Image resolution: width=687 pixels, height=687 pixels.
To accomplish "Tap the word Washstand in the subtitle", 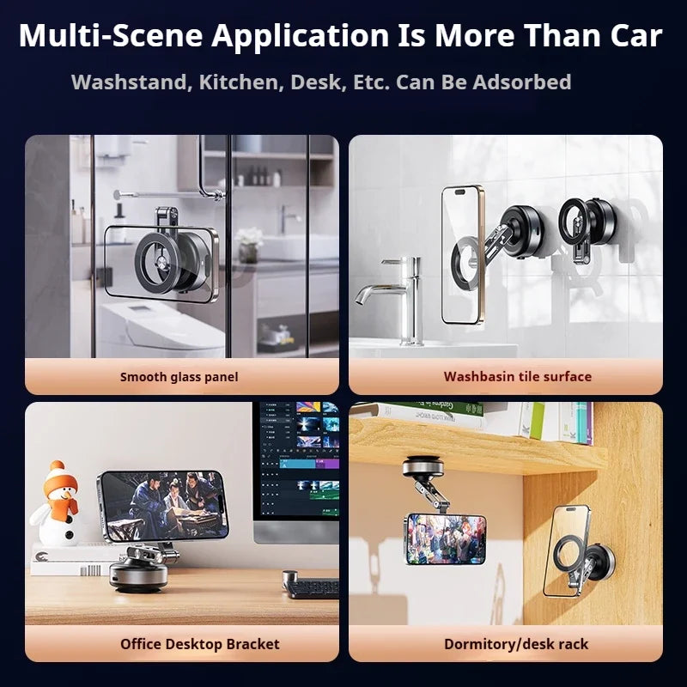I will [128, 82].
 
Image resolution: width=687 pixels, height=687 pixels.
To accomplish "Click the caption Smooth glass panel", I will [179, 376].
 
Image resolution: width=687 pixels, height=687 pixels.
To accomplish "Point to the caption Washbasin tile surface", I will [517, 376].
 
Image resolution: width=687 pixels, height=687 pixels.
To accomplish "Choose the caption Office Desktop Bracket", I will [199, 643].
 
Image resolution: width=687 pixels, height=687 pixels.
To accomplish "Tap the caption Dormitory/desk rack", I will [516, 643].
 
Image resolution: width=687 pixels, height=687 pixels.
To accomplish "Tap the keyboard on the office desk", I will [311, 587].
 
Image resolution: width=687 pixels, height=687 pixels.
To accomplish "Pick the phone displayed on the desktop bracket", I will [162, 505].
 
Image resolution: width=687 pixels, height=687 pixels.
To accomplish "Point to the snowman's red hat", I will [58, 474].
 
